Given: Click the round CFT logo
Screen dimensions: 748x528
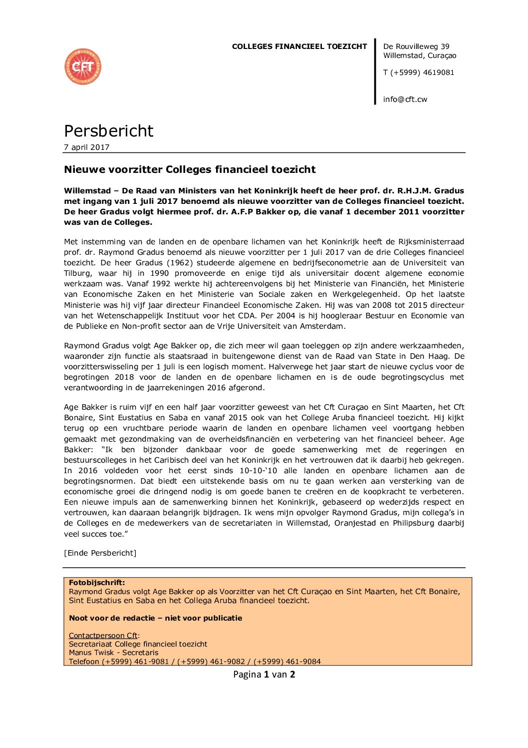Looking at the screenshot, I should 83,66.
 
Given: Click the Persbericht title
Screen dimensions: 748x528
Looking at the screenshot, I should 108,131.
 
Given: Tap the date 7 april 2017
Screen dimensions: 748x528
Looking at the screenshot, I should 86,147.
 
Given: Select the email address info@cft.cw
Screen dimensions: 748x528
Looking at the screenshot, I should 405,99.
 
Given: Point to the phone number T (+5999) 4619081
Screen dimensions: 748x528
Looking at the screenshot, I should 418,72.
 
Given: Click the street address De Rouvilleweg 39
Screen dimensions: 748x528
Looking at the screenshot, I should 416,46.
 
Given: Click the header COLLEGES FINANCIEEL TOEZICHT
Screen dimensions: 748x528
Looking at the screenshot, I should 299,46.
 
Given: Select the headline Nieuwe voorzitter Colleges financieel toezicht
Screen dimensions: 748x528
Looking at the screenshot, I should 190,169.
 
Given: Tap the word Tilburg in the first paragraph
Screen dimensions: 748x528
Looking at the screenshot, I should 77,273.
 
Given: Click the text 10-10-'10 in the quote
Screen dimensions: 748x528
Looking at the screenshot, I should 258,471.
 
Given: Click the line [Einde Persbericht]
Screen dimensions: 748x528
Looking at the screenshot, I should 100,553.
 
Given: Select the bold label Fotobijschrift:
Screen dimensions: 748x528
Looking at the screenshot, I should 97,583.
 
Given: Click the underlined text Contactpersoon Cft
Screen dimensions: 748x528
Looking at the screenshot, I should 103,636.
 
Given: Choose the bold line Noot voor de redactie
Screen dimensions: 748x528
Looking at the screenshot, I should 155,618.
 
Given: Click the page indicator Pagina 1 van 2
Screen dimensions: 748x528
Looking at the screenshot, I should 264,675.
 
